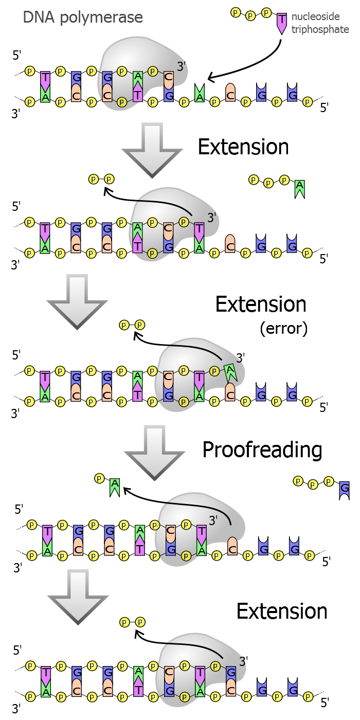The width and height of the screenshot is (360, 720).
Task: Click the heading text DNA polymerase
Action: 83,18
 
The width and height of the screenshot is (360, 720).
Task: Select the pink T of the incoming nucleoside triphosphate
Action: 281,23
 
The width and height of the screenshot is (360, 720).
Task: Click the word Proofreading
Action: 262,449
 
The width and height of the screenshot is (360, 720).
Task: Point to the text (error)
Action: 284,328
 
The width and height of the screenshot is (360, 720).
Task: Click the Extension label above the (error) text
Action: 261,304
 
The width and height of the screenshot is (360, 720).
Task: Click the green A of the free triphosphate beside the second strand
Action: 299,189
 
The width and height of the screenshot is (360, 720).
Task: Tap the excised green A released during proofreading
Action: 115,487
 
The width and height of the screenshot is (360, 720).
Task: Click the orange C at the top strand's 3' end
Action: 168,78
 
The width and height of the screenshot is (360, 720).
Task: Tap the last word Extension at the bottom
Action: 281,611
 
